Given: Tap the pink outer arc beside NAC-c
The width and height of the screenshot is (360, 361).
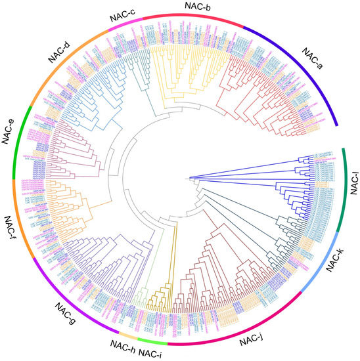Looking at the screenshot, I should [129, 25].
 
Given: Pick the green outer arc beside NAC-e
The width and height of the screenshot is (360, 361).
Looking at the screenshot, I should [16, 141].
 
